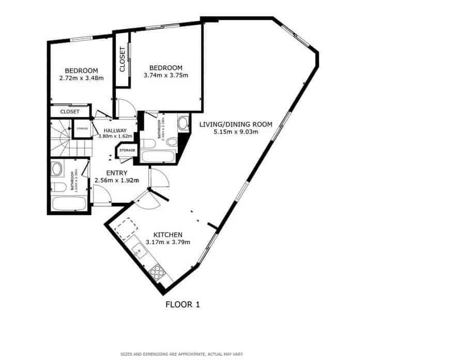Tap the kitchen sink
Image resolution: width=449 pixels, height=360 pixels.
[140, 252]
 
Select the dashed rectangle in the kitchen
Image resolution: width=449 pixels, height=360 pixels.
[126, 228]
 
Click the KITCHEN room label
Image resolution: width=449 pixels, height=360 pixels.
[167, 235]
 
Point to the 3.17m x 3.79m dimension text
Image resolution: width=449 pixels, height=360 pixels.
[167, 242]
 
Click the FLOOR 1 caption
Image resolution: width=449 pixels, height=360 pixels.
[182, 305]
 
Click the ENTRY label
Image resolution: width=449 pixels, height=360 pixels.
[117, 173]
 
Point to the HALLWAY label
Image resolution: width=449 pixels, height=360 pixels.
[115, 131]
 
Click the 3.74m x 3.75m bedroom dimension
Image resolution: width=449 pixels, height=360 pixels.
[165, 76]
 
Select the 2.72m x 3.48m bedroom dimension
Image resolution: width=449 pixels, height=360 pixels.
[81, 79]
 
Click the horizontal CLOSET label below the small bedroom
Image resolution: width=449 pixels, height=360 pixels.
[70, 112]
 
